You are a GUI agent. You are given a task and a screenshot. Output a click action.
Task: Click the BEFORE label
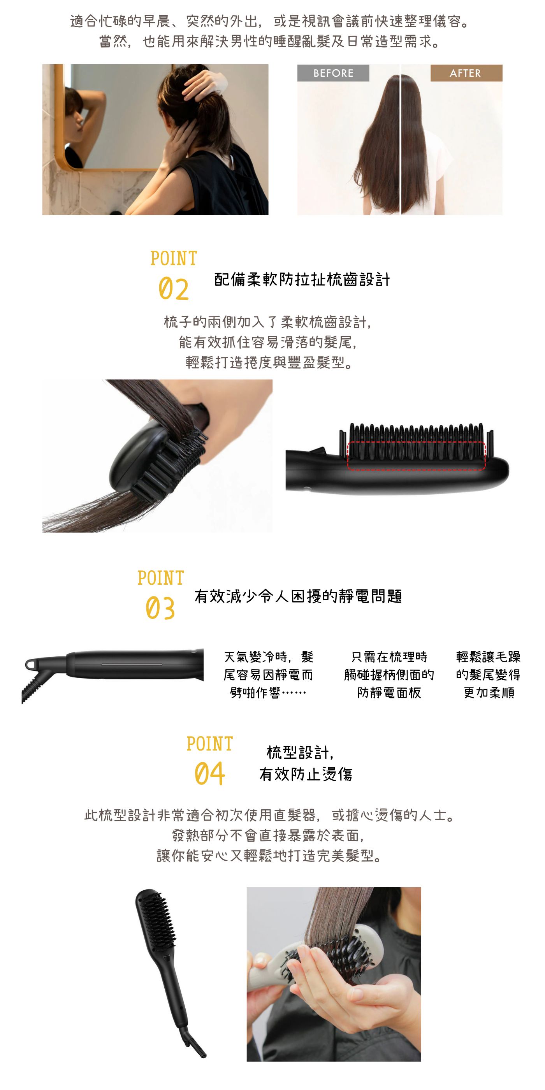(x=333, y=73)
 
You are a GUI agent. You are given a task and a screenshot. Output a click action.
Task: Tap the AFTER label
(x=466, y=73)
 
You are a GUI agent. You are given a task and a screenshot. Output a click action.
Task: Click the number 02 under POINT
(x=174, y=289)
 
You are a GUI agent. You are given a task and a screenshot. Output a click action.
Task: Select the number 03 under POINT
(x=160, y=608)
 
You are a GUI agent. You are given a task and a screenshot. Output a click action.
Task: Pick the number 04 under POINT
(x=209, y=774)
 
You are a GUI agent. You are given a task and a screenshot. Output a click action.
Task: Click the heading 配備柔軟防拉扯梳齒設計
(x=302, y=279)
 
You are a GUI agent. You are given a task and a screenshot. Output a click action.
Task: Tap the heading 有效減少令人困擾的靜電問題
(x=298, y=596)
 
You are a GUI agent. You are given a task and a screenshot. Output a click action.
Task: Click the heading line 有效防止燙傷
(x=306, y=774)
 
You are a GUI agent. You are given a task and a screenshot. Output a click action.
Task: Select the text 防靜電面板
(x=389, y=693)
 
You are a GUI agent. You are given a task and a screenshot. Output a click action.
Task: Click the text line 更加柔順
(x=489, y=693)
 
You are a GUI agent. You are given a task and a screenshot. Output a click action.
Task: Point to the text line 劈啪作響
(x=267, y=693)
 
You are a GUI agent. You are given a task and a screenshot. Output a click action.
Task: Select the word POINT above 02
(x=174, y=258)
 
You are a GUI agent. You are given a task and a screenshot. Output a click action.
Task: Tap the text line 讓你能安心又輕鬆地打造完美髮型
(x=269, y=856)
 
